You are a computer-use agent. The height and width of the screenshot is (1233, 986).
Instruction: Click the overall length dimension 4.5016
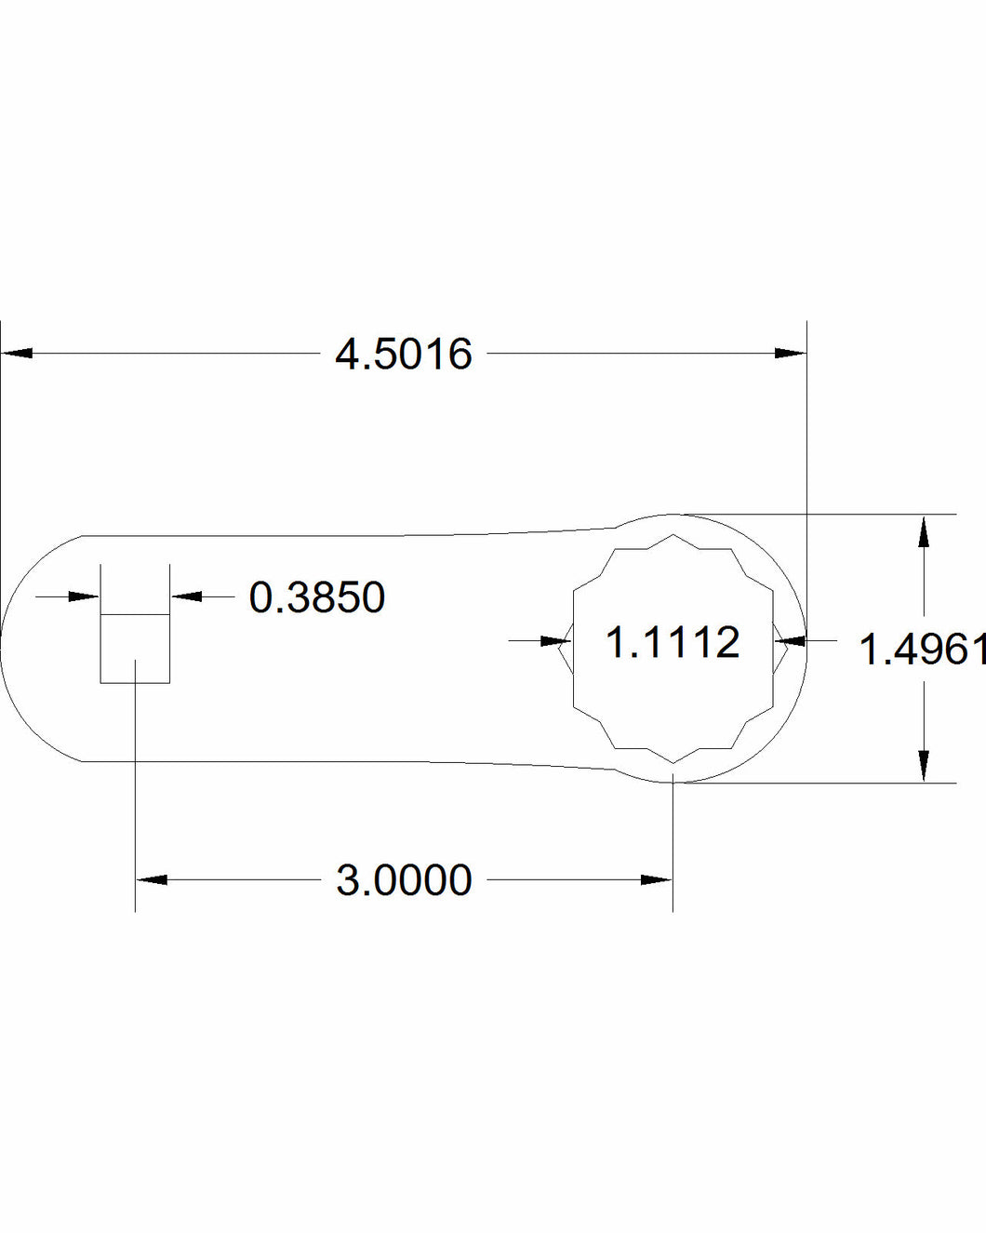(x=404, y=355)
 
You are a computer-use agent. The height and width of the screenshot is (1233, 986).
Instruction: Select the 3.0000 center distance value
(x=404, y=880)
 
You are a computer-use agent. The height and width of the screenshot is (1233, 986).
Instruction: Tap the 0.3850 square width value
(x=317, y=597)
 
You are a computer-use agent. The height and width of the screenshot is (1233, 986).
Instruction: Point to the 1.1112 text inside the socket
(x=673, y=642)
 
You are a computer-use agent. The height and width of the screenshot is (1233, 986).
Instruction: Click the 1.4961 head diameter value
(x=923, y=650)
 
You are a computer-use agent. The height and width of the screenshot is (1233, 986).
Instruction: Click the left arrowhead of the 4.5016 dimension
(x=17, y=353)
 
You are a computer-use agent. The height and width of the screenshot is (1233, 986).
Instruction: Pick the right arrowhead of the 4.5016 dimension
(x=791, y=353)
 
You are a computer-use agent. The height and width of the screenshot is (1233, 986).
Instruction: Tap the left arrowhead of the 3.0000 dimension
(x=152, y=879)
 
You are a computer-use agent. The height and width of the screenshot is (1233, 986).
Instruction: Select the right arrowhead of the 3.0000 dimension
(x=657, y=879)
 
